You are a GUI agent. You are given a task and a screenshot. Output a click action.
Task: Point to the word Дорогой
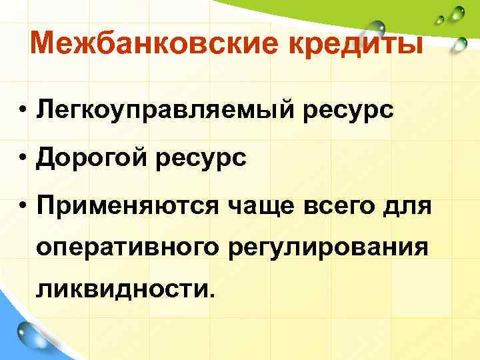[94, 158]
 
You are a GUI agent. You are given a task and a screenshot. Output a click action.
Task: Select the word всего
[341, 206]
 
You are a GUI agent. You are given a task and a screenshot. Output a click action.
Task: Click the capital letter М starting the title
[45, 45]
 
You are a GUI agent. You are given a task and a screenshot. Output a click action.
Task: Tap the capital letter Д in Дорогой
[48, 158]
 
